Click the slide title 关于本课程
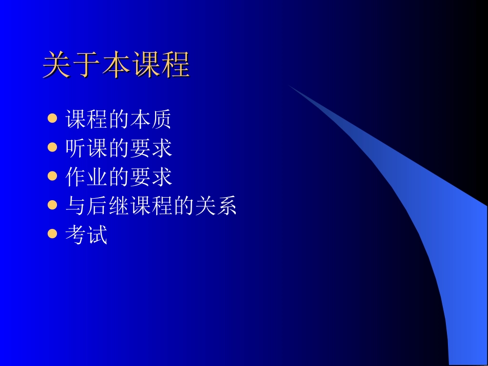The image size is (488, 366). click(x=116, y=65)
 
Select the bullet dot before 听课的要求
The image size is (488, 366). click(x=52, y=148)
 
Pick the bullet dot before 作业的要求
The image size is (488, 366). click(x=52, y=177)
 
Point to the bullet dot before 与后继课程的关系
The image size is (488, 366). click(x=52, y=205)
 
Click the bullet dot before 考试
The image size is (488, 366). click(x=52, y=234)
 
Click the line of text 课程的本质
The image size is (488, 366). click(x=118, y=120)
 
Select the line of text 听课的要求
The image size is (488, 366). click(x=118, y=148)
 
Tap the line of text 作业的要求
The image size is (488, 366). click(x=118, y=177)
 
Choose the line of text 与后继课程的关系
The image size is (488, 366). click(x=151, y=206)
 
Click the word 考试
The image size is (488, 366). click(x=86, y=235)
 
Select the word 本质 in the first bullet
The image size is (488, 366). click(x=150, y=120)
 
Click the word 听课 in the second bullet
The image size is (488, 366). click(x=86, y=148)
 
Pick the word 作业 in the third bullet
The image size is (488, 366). click(x=86, y=177)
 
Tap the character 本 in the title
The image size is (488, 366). click(x=116, y=65)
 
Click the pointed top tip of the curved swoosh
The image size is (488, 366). click(x=289, y=85)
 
